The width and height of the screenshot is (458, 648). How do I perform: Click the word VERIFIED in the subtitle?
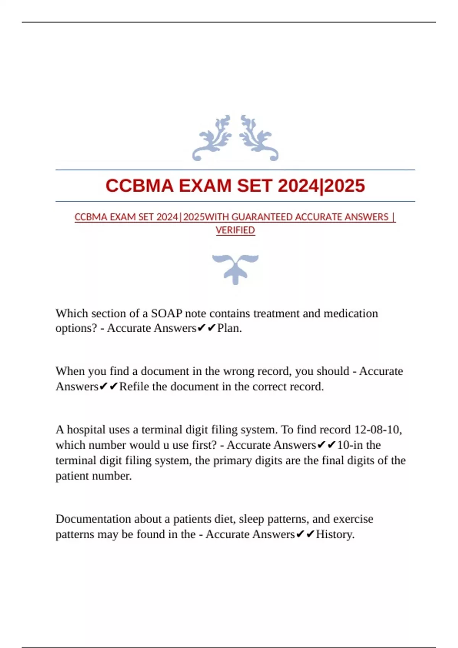coord(235,230)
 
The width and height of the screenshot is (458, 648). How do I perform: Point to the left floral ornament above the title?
coord(212,138)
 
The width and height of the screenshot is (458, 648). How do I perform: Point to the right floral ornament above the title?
coord(259,138)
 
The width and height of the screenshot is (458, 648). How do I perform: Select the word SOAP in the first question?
coord(166,313)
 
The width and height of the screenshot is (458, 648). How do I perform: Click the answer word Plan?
coord(229,328)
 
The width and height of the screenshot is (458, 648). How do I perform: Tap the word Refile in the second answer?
coord(134,387)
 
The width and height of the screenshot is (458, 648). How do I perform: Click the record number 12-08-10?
coord(378,430)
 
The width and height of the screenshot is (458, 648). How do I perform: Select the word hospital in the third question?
coord(87,430)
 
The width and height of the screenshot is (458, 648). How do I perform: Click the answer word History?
coord(335,534)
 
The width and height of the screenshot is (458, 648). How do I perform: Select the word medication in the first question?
coord(350,313)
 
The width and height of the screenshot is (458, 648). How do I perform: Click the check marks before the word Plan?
coord(206,328)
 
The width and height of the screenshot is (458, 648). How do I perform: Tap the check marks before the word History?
coord(305,534)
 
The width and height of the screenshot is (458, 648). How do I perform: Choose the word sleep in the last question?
coord(252,519)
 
